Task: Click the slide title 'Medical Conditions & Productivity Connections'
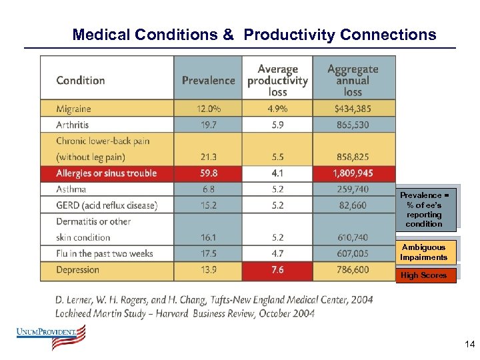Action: pos(254,35)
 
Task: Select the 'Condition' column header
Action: pos(81,80)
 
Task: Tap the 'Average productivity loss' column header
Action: pos(277,80)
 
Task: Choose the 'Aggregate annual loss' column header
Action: pos(353,80)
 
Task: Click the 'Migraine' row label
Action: pos(73,109)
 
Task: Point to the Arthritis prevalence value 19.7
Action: pos(208,125)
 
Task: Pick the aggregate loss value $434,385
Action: pos(353,109)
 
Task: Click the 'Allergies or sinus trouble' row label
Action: pos(107,173)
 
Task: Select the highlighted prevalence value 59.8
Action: pos(208,173)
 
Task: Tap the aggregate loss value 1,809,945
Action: pos(353,173)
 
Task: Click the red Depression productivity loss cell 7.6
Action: pos(277,270)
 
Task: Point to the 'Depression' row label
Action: pos(77,270)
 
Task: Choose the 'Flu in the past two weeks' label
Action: pos(105,253)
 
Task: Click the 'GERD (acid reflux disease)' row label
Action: pos(107,205)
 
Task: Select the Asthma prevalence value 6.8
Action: pos(208,189)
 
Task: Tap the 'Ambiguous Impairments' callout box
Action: pos(424,252)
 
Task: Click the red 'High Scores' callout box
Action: pos(424,275)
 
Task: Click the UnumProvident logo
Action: pos(51,337)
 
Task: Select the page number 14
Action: pos(469,345)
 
